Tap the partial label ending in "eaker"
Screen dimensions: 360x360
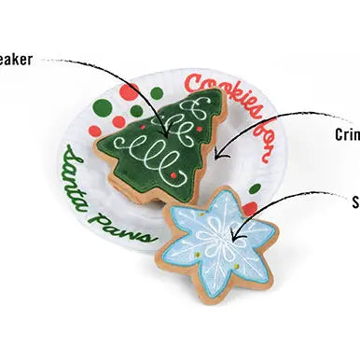click(x=17, y=60)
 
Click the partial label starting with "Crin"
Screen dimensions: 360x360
click(x=346, y=134)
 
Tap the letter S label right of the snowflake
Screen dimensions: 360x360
click(x=355, y=201)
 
